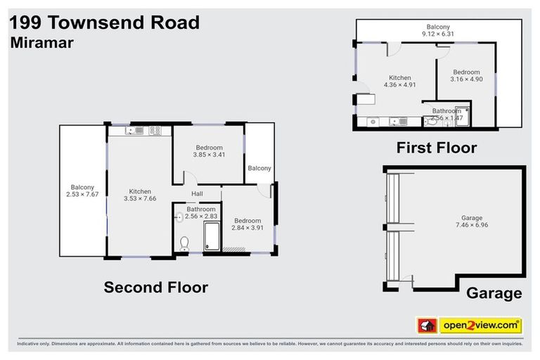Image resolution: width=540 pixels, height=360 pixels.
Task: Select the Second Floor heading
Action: tap(155, 287)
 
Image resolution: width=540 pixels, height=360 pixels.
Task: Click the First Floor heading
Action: tap(436, 148)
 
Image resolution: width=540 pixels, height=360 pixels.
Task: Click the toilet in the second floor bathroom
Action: tap(184, 243)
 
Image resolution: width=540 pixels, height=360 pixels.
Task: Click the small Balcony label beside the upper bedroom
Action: tap(259, 168)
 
